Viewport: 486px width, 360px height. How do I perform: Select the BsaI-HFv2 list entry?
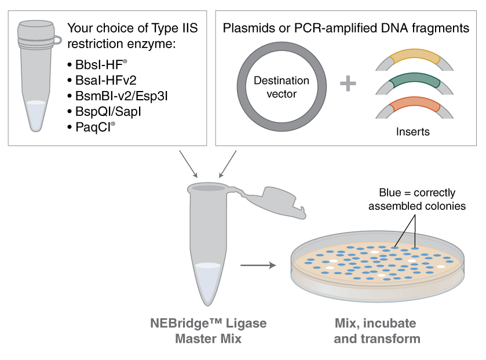tap(101, 80)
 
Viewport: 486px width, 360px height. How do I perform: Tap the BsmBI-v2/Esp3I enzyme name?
tap(116, 95)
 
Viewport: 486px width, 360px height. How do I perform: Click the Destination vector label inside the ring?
tap(282, 87)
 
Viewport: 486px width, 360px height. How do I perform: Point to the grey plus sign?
tap(348, 83)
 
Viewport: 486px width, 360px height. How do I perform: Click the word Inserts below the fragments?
tap(412, 132)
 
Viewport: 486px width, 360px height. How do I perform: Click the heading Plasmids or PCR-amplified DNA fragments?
tap(346, 28)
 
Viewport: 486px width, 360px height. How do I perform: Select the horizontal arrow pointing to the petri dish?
tap(258, 266)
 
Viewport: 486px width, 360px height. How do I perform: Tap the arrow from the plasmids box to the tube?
tap(228, 163)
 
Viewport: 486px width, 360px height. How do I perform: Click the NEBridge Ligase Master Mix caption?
tap(208, 330)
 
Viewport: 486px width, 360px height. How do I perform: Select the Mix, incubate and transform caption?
tap(377, 330)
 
